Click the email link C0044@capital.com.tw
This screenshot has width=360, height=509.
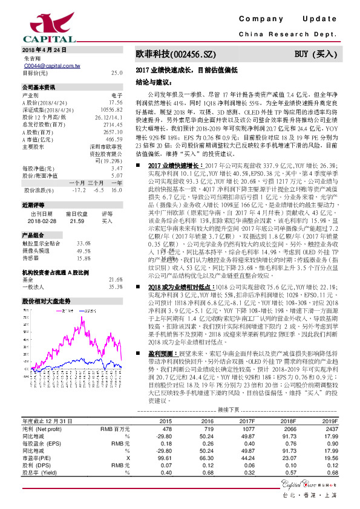point(49,65)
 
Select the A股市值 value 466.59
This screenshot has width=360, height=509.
point(114,139)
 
